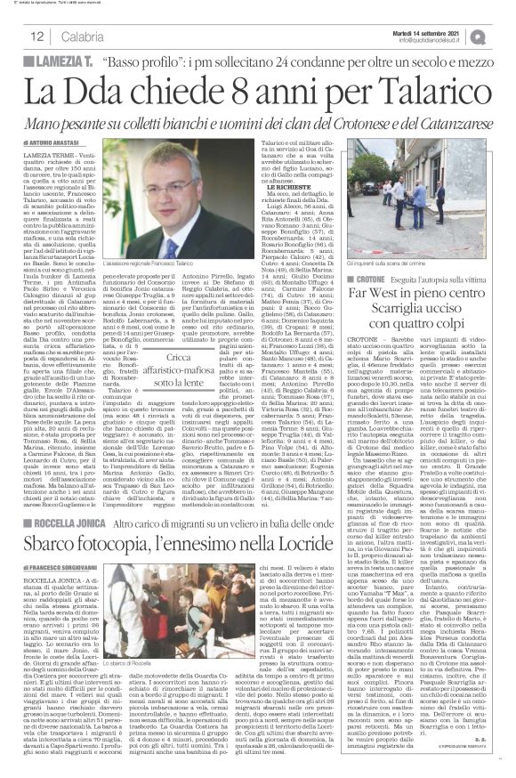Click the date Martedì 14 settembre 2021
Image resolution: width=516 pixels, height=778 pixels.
point(443,31)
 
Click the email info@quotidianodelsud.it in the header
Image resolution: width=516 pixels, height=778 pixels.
point(443,39)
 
